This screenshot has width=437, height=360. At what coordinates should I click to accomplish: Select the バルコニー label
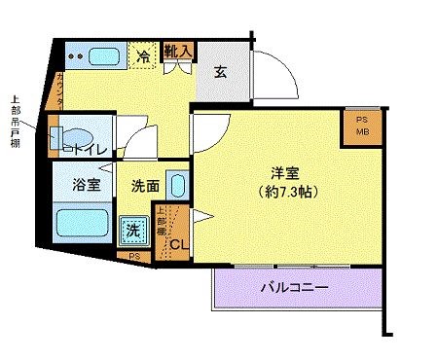pyautogui.click(x=294, y=288)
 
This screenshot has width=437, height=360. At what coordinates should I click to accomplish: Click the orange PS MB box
pyautogui.click(x=361, y=126)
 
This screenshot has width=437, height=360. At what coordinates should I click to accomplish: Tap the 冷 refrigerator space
pyautogui.click(x=143, y=56)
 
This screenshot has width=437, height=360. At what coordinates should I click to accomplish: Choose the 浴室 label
pyautogui.click(x=84, y=185)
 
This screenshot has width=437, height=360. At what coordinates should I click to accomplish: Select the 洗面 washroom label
pyautogui.click(x=146, y=185)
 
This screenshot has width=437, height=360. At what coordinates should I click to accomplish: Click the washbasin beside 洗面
pyautogui.click(x=177, y=185)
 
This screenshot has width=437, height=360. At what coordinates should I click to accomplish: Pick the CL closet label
pyautogui.click(x=179, y=243)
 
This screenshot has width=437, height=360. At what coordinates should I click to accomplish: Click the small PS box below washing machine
pyautogui.click(x=133, y=255)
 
